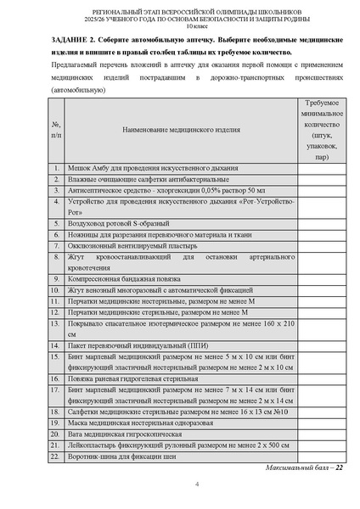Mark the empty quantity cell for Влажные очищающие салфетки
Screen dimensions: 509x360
point(321,180)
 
